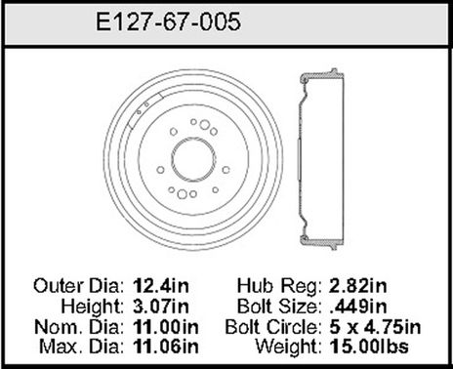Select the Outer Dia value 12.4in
pyautogui.click(x=159, y=288)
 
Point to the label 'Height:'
pyautogui.click(x=94, y=307)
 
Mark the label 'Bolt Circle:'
pyautogui.click(x=264, y=325)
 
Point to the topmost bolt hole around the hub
pyautogui.click(x=194, y=123)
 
